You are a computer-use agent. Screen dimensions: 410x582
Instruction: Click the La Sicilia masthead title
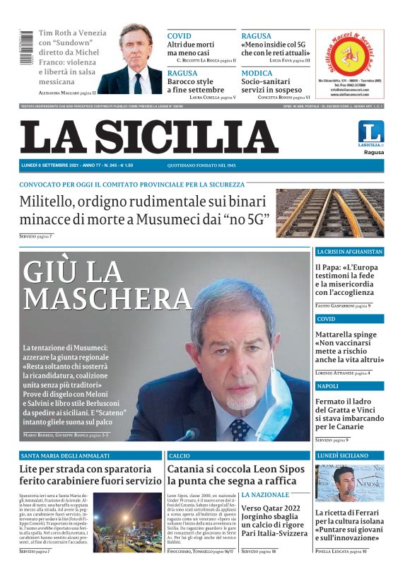pos(148,136)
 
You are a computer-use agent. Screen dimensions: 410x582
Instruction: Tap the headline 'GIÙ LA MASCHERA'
pos(106,285)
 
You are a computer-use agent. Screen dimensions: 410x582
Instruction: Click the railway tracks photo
pos(329,212)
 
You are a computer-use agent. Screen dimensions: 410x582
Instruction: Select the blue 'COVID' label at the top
pos(179,35)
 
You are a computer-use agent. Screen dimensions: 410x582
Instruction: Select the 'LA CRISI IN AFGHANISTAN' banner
pos(349,252)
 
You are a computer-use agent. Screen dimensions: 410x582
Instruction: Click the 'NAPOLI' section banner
pos(327,386)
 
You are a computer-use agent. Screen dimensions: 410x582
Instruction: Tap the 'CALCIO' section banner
pos(180,456)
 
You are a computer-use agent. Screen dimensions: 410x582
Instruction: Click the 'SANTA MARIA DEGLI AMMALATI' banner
pos(65,456)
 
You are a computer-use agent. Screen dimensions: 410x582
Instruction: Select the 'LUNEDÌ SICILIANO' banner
pos(344,456)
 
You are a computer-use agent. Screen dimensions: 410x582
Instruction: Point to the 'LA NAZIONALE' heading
pos(265,494)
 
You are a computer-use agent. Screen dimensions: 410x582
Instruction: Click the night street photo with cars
pos(127,523)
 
